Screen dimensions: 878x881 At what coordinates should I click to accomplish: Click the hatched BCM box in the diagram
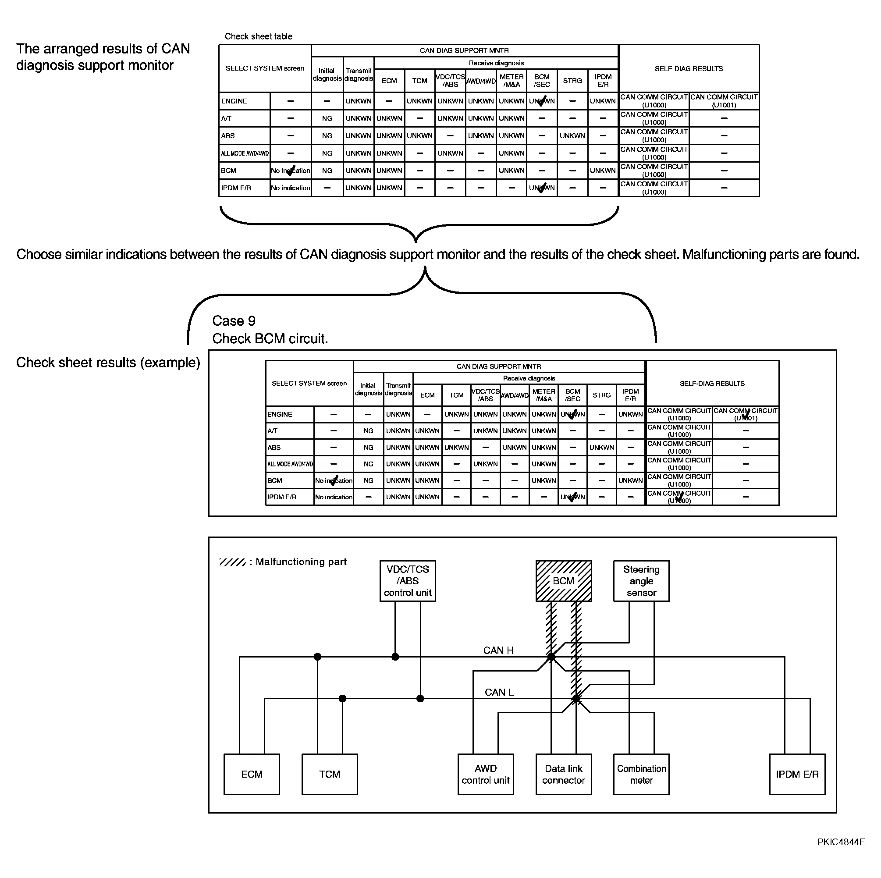click(x=564, y=581)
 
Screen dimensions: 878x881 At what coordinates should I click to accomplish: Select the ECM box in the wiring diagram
click(x=251, y=774)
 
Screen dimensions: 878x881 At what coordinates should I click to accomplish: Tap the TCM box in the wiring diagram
click(x=329, y=774)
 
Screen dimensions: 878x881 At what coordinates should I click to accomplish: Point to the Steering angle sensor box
click(x=641, y=581)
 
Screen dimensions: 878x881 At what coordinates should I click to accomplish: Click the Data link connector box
click(x=564, y=774)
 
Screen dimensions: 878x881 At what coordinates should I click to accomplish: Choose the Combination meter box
click(x=641, y=774)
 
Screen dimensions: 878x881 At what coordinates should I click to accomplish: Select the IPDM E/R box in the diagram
click(x=797, y=774)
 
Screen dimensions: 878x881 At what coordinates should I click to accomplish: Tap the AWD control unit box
click(x=486, y=774)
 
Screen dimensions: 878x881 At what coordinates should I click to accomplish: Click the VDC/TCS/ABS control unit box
click(x=408, y=581)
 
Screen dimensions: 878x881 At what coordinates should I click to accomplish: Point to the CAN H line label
click(x=498, y=651)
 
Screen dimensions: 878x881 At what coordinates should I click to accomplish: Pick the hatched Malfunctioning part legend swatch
click(x=232, y=562)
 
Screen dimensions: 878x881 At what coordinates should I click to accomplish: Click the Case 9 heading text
click(x=234, y=320)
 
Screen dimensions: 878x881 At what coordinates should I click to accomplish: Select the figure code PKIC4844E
click(x=841, y=842)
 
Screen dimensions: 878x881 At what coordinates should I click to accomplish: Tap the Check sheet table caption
click(x=258, y=36)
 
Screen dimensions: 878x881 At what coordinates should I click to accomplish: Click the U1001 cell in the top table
click(x=724, y=101)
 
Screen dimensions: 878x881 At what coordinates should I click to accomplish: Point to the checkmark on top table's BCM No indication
click(x=291, y=171)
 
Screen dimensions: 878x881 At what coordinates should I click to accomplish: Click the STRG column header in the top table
click(x=572, y=81)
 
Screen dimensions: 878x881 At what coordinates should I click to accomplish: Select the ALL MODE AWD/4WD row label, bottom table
click(x=290, y=464)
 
